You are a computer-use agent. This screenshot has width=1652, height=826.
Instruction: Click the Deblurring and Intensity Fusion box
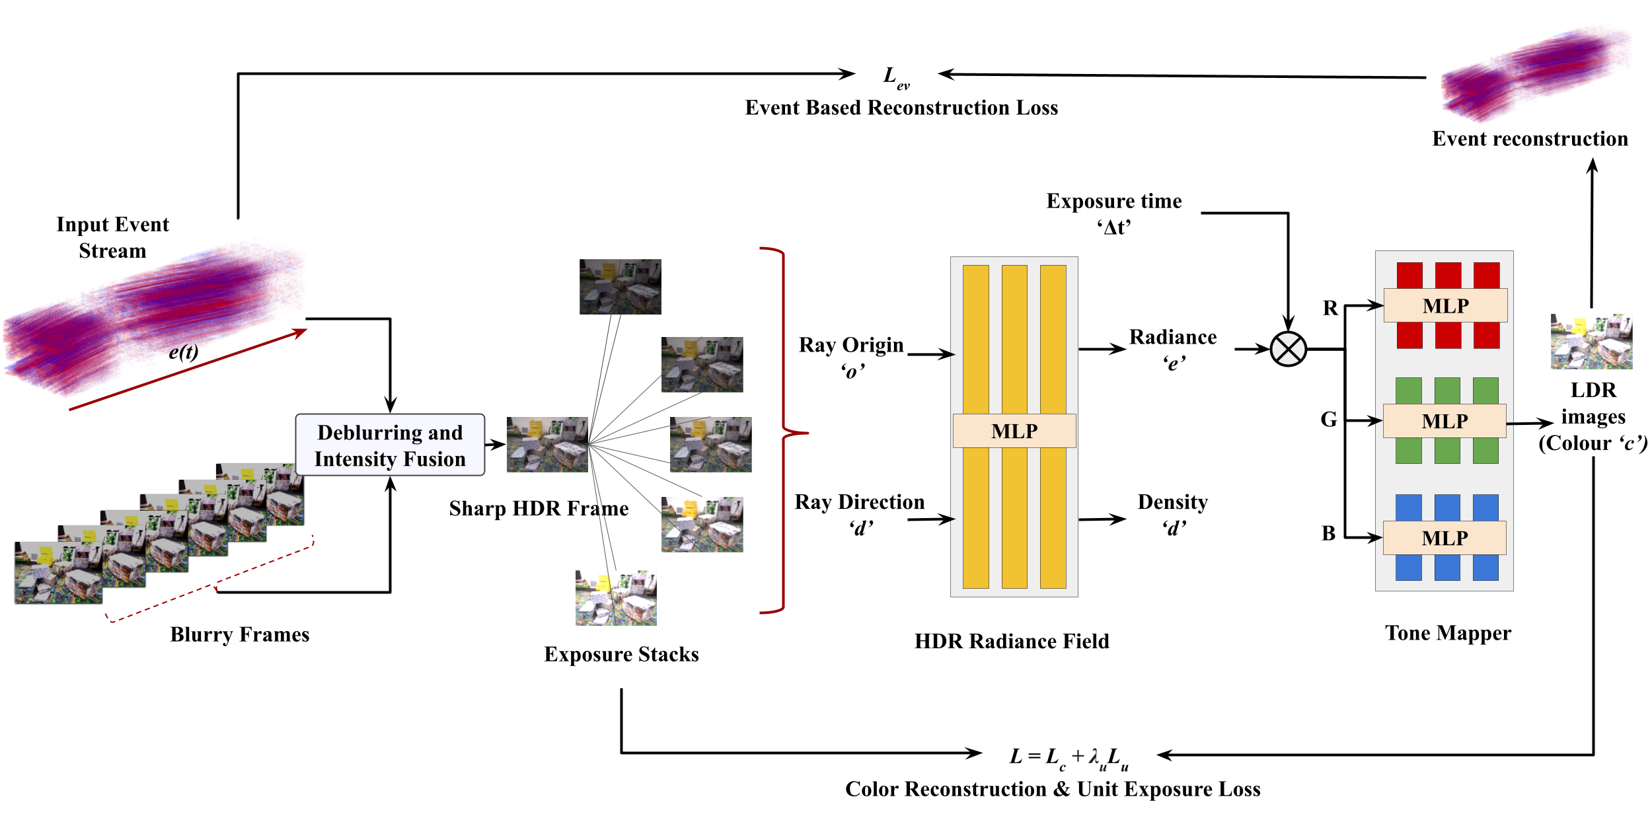coord(390,445)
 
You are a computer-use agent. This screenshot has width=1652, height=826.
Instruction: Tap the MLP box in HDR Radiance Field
coord(1014,431)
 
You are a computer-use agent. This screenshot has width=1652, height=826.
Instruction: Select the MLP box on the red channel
coord(1446,305)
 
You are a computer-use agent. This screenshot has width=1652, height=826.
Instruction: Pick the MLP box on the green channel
coord(1445,421)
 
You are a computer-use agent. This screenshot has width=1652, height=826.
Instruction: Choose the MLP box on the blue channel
coord(1445,538)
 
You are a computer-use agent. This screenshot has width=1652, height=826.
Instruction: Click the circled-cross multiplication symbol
coord(1289,349)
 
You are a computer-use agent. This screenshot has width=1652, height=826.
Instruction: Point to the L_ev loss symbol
coord(897,77)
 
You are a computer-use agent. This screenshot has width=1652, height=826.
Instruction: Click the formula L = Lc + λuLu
coord(1069,757)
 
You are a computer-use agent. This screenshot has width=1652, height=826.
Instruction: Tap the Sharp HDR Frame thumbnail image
coord(547,444)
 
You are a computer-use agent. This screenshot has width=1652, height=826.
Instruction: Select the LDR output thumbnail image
coord(1591,342)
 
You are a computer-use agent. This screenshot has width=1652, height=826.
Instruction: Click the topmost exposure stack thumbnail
coord(620,286)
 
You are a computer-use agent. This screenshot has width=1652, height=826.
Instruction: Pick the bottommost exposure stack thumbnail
coord(617,598)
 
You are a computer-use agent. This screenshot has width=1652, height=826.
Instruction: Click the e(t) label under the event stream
coord(183,352)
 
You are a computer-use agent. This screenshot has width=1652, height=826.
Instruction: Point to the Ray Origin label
coord(851,357)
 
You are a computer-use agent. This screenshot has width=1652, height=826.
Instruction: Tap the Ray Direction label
coord(860,514)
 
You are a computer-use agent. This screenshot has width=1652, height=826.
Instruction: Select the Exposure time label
coord(1114,213)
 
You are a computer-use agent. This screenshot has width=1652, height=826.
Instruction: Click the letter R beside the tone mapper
coord(1330,308)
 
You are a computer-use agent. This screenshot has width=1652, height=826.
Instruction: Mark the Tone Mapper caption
coord(1448,633)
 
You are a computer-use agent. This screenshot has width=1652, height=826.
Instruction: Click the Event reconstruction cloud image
coord(1534,74)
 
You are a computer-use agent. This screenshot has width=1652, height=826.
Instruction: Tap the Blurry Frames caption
coord(240,634)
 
